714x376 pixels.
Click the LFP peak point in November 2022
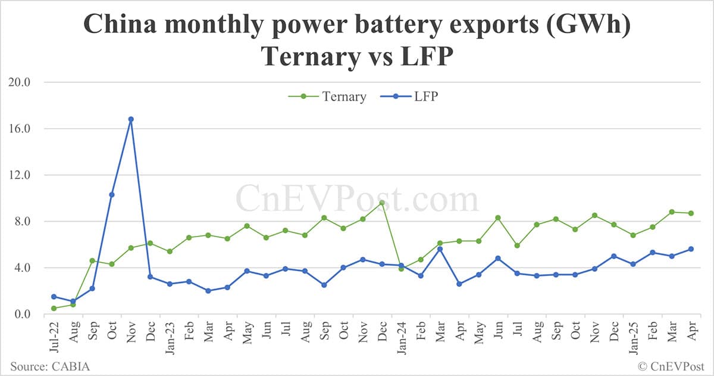(131, 119)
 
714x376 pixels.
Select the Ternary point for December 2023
(382, 203)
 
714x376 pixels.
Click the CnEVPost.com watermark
(357, 198)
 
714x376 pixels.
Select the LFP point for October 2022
(111, 194)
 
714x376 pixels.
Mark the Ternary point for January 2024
(401, 269)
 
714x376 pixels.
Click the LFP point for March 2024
(440, 249)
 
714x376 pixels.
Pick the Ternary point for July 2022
(54, 308)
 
